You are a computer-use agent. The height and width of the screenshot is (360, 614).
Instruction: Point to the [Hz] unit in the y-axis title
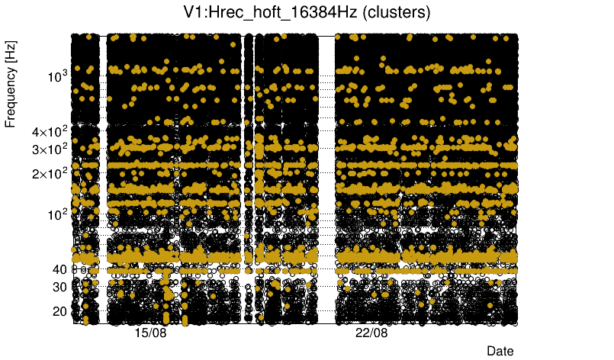click(x=11, y=53)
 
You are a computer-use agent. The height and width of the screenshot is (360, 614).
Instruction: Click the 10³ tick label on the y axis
click(x=57, y=76)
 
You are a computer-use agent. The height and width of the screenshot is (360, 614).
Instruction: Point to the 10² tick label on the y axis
click(x=57, y=214)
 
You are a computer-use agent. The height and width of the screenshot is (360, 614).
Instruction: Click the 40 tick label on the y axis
click(x=59, y=269)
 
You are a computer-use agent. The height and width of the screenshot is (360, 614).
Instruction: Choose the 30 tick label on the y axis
click(x=59, y=287)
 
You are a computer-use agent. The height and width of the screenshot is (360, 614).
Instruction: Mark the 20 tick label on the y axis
click(x=59, y=311)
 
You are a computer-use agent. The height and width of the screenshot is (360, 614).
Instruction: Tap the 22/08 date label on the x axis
click(x=372, y=334)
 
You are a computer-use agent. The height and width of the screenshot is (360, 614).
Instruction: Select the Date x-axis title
click(x=500, y=351)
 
